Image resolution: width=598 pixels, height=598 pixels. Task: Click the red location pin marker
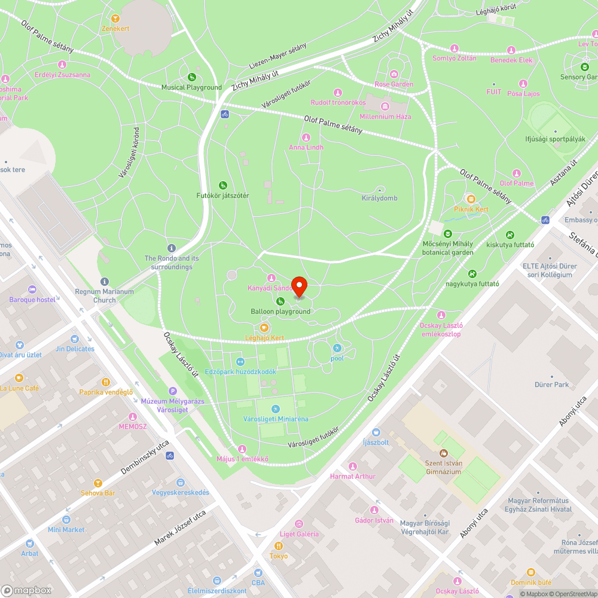[298, 286]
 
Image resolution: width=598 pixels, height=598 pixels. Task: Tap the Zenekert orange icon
[115, 18]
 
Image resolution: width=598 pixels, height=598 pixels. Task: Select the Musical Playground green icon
[191, 77]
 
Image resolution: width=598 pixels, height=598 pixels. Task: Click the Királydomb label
[379, 198]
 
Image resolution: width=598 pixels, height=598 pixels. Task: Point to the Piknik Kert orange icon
[471, 199]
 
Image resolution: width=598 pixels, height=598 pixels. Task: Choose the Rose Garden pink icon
[394, 74]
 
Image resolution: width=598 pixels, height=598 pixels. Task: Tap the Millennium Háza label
[385, 117]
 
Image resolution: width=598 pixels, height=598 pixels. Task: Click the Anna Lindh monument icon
[306, 138]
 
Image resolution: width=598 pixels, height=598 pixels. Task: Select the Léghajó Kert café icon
[264, 328]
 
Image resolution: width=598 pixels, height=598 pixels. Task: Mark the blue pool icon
[337, 348]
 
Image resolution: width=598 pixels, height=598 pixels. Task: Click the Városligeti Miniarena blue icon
[276, 409]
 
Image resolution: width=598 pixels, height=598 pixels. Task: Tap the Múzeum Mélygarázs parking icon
[173, 390]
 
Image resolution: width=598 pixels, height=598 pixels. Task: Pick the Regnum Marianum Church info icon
[105, 281]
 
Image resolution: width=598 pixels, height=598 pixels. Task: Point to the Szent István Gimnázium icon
[443, 453]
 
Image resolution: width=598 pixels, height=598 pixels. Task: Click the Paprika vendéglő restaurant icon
[106, 382]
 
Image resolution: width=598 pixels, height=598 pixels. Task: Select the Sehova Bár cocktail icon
[98, 483]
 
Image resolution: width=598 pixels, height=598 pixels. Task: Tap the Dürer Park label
[552, 385]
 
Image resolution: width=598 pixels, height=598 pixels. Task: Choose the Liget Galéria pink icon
[300, 524]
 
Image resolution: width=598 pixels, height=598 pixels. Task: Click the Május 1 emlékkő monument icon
[242, 449]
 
